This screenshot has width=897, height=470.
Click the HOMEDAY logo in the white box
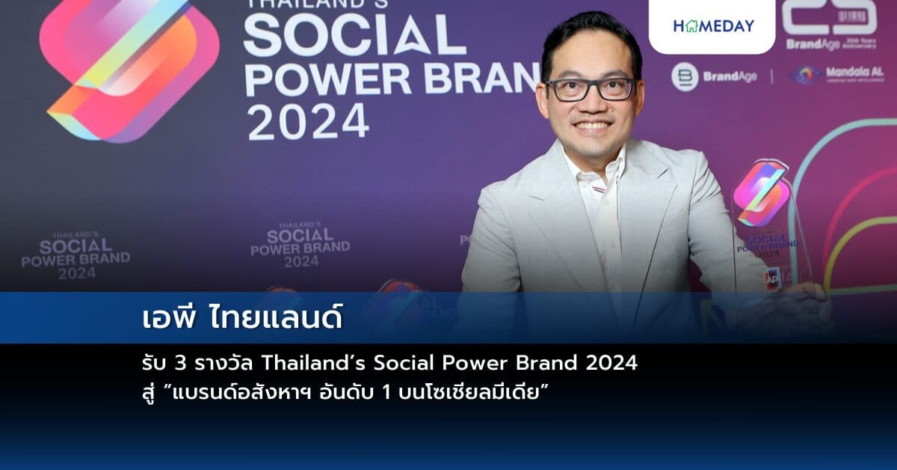click(713, 25)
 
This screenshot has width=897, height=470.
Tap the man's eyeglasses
click(591, 89)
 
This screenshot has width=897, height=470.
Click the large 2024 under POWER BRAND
click(308, 122)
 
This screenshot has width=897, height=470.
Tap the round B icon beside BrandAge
click(684, 76)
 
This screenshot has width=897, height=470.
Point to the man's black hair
click(591, 37)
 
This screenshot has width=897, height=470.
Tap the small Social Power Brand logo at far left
click(75, 255)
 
